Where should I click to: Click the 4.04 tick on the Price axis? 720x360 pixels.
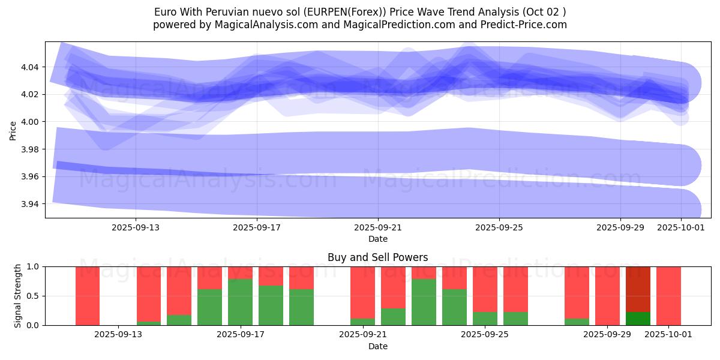[x=31, y=67]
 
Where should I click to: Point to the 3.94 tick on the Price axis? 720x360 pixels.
[x=31, y=204]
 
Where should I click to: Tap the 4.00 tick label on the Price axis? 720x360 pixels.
[x=31, y=122]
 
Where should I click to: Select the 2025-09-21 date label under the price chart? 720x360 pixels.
[x=378, y=227]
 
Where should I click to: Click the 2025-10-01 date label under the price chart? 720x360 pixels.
[x=681, y=227]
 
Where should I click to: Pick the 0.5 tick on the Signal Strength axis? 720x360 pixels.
[x=33, y=296]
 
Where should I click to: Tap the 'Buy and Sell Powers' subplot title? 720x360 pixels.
[x=378, y=257]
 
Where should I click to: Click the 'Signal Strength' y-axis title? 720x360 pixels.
[x=18, y=296]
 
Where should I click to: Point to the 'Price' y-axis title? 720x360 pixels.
[x=13, y=130]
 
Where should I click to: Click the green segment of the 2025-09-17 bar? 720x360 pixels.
[x=240, y=302]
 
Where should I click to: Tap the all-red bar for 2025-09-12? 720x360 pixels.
[x=88, y=296]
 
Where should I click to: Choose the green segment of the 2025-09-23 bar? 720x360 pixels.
[x=424, y=302]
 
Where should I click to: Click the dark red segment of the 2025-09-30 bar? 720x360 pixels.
[x=638, y=289]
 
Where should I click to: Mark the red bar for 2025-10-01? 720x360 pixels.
[x=668, y=296]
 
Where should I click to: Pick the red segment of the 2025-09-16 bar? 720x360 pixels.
[x=209, y=278]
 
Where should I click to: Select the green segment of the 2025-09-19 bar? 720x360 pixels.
[x=301, y=307]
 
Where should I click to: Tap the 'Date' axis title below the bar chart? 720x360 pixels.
[x=378, y=346]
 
